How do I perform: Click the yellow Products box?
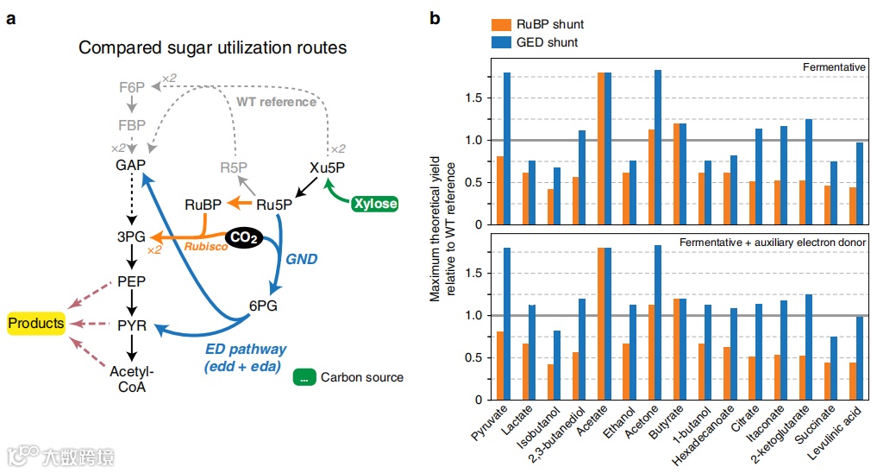coord(36,324)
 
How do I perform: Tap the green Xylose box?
coord(376,204)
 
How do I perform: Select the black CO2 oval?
coord(243,236)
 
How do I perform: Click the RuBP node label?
coord(203,205)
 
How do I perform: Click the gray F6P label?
coord(133,86)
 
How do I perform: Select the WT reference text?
coord(276,103)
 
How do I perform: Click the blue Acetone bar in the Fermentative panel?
coord(658,148)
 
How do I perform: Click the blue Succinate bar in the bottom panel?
coord(833,368)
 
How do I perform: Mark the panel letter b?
coord(437,18)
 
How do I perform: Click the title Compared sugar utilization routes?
coord(212,47)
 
